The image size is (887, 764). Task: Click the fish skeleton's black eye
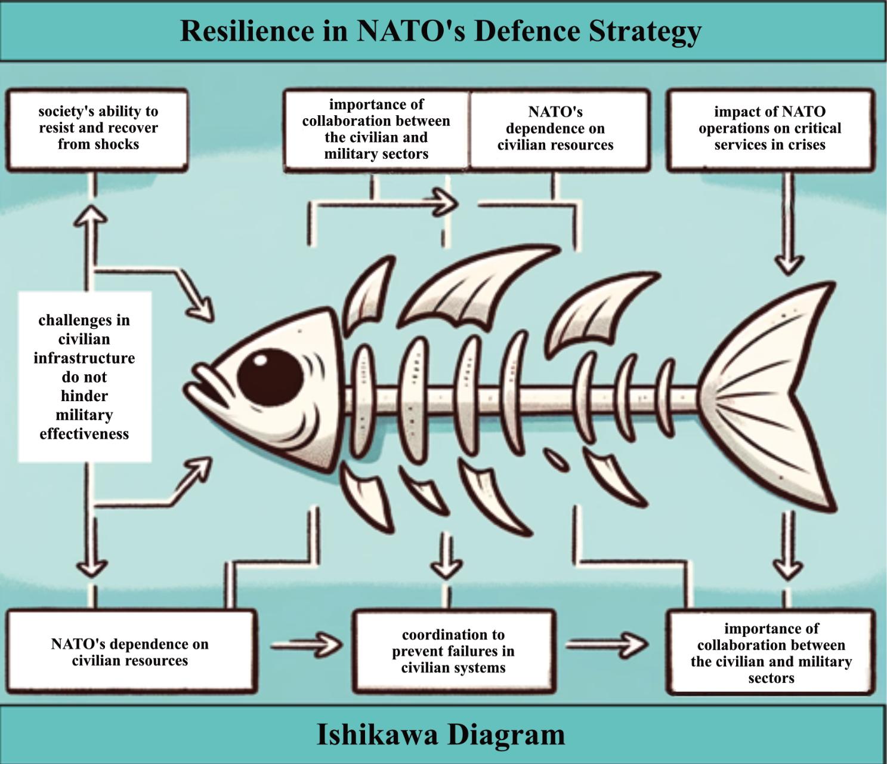tap(270, 377)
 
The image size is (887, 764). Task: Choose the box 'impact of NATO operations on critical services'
tap(769, 129)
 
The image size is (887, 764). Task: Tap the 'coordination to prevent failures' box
tap(453, 651)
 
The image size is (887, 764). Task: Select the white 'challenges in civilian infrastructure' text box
tap(84, 377)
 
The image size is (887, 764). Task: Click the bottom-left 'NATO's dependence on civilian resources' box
tap(130, 652)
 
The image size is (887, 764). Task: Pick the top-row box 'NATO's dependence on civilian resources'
tap(555, 129)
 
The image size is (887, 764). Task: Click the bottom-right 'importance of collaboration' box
tap(771, 653)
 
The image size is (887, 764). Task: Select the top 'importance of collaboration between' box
tap(376, 129)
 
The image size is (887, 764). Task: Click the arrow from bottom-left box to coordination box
tap(307, 645)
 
